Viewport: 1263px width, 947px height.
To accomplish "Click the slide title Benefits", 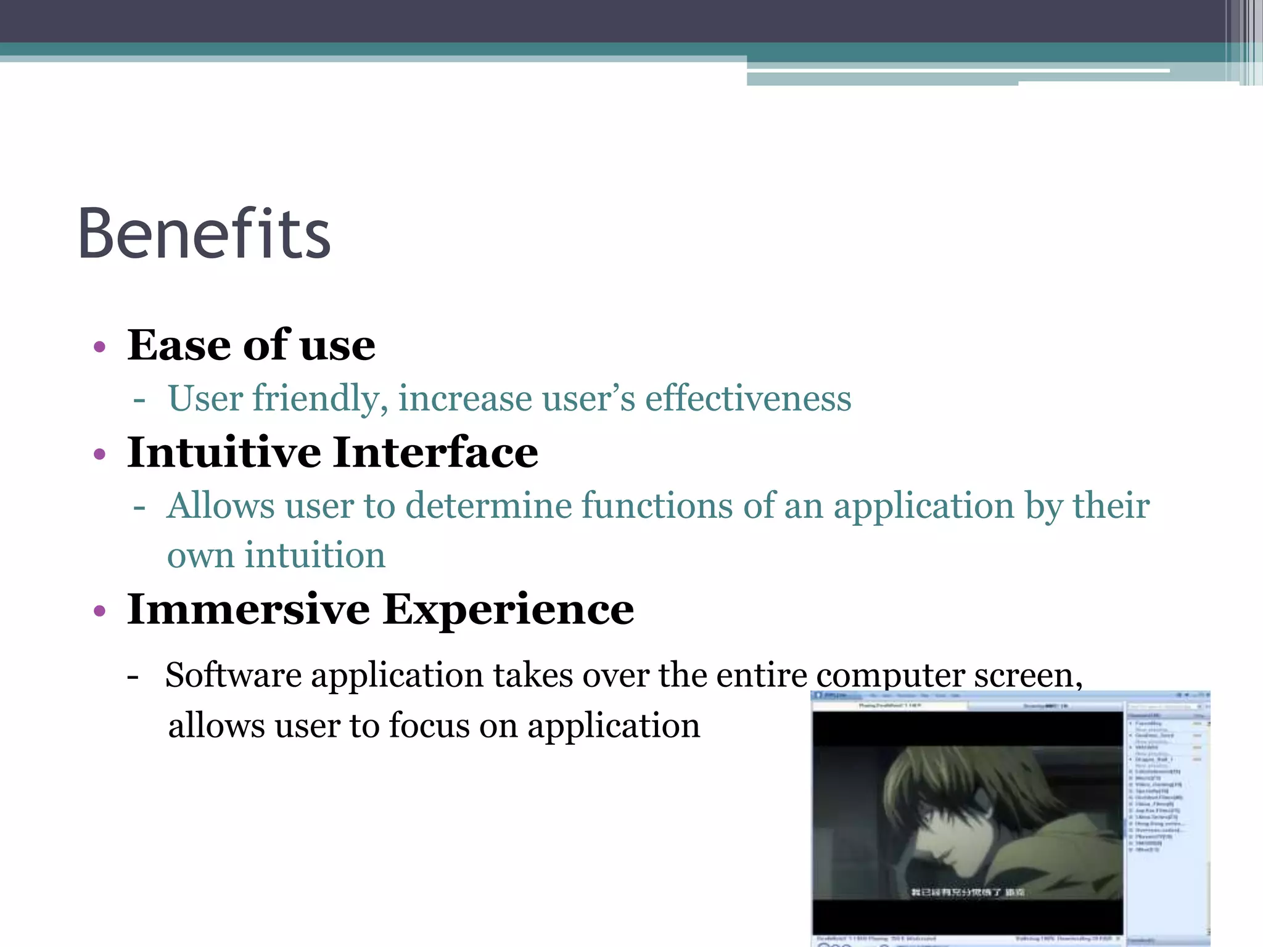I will [204, 234].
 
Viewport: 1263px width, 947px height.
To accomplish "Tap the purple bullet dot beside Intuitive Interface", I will [100, 455].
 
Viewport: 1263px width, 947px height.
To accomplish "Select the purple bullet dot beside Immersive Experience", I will [100, 611].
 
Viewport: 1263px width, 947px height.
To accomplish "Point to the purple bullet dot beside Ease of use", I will [100, 347].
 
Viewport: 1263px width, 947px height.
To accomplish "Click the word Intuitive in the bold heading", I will [224, 453].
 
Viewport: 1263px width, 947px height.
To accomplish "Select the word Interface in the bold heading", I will [435, 453].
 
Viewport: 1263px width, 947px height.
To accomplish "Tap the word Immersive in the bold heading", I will [249, 610].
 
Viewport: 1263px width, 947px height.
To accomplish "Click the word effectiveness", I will [748, 398].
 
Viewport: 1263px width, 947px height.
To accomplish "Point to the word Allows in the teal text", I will [221, 506].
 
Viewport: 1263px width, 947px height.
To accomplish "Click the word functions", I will [657, 506].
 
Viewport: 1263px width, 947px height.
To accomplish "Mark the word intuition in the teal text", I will [315, 555].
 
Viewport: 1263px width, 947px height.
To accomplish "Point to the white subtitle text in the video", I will [968, 892].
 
